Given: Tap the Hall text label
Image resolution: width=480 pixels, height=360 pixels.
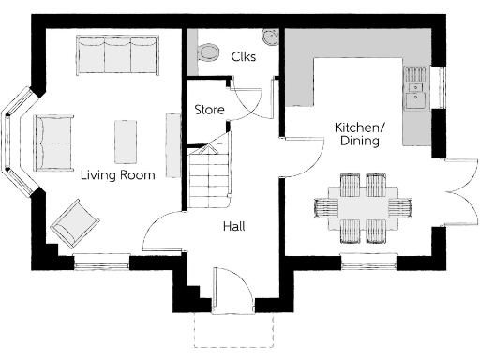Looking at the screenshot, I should point(233,226).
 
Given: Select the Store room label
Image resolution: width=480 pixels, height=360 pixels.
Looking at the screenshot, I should point(209,110).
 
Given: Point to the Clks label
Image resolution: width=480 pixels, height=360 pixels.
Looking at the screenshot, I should point(244,56).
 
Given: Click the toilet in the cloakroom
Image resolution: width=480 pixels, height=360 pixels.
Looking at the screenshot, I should point(207,52).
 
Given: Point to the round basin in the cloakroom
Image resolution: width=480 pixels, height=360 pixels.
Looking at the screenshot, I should point(270,38).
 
